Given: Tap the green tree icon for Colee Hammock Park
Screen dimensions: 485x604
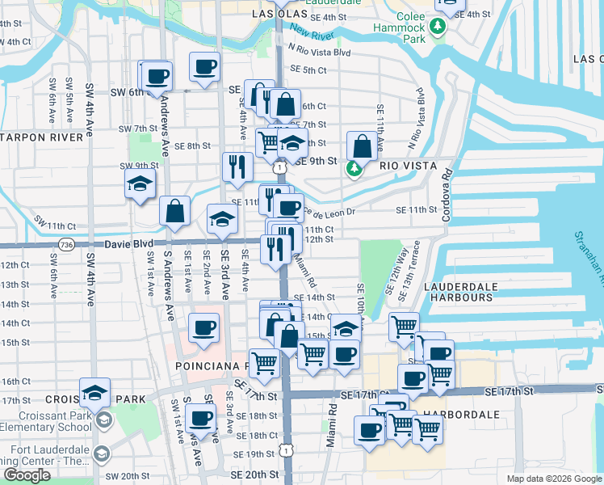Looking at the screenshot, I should click(x=438, y=27).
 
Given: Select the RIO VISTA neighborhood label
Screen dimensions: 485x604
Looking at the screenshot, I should click(x=409, y=166).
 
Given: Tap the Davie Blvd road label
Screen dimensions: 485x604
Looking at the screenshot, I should click(x=130, y=243).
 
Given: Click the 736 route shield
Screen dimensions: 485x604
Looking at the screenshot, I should click(x=66, y=243).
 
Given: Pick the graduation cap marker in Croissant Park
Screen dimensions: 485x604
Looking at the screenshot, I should click(x=94, y=393).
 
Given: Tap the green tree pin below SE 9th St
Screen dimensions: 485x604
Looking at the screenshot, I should click(x=353, y=169).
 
